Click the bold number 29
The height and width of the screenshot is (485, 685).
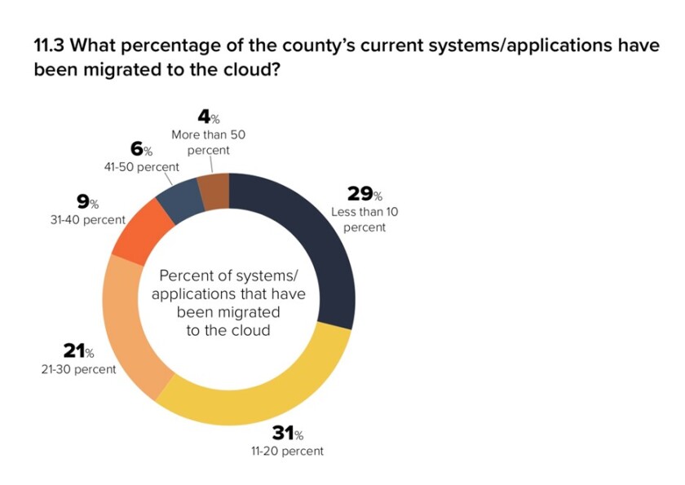click(x=359, y=194)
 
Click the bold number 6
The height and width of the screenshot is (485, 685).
click(x=137, y=149)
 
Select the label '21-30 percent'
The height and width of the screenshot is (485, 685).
click(x=78, y=369)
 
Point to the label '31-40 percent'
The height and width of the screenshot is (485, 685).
click(x=88, y=219)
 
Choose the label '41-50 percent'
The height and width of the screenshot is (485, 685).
click(x=143, y=166)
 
